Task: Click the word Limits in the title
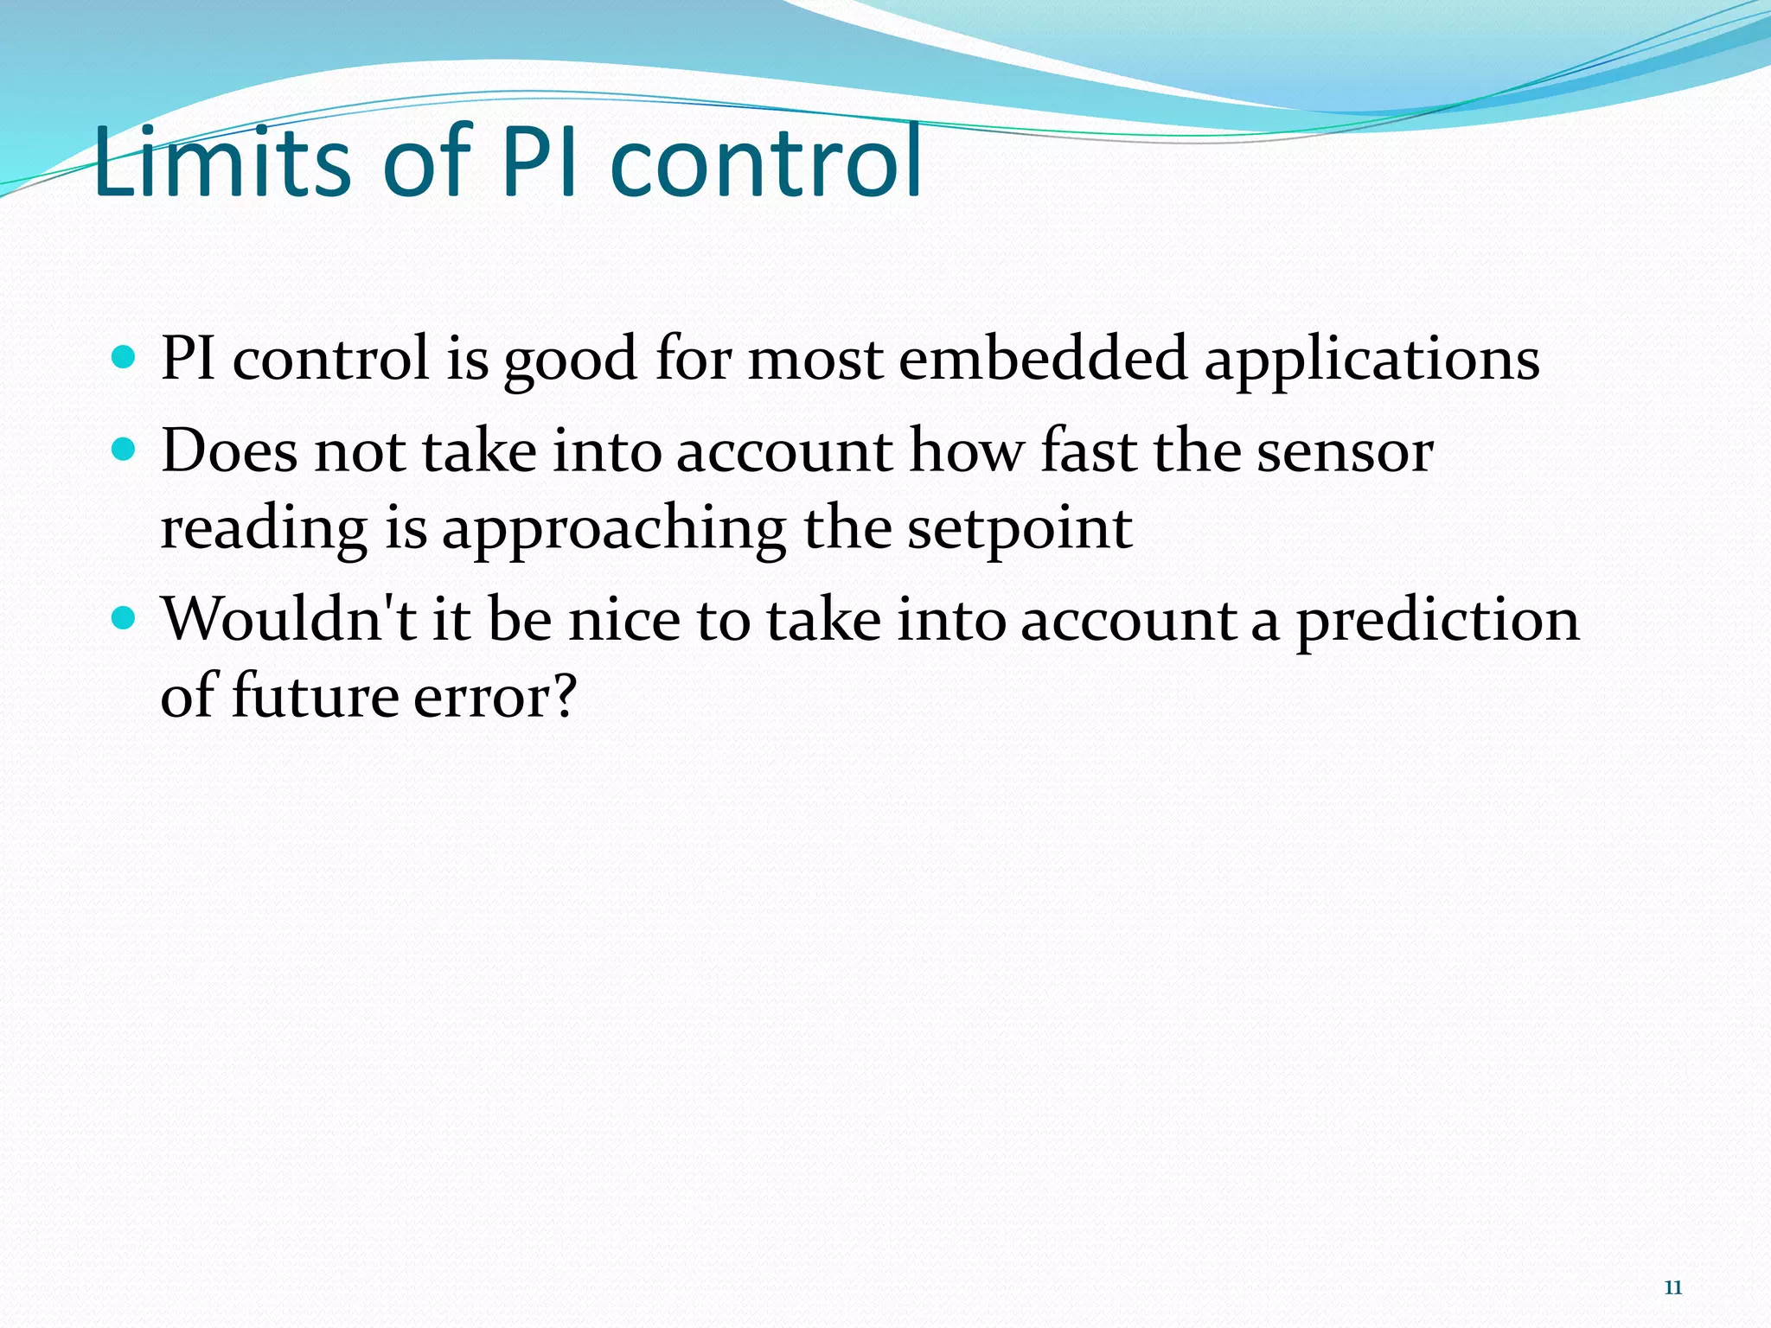coord(221,163)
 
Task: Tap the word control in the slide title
coord(766,163)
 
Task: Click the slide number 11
coord(1672,1287)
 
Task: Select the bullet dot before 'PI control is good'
coord(125,356)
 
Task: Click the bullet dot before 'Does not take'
coord(125,450)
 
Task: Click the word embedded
coord(1042,358)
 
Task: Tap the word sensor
coord(1345,453)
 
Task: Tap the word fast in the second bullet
coord(1088,451)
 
